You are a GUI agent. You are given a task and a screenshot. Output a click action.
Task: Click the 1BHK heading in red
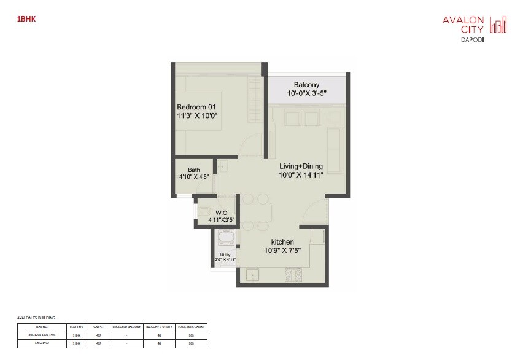27,20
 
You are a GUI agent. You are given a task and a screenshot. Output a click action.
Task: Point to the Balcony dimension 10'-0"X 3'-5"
307,93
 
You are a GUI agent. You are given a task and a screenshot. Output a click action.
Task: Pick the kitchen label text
283,242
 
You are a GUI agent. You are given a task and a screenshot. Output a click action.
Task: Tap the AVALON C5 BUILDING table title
36,318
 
